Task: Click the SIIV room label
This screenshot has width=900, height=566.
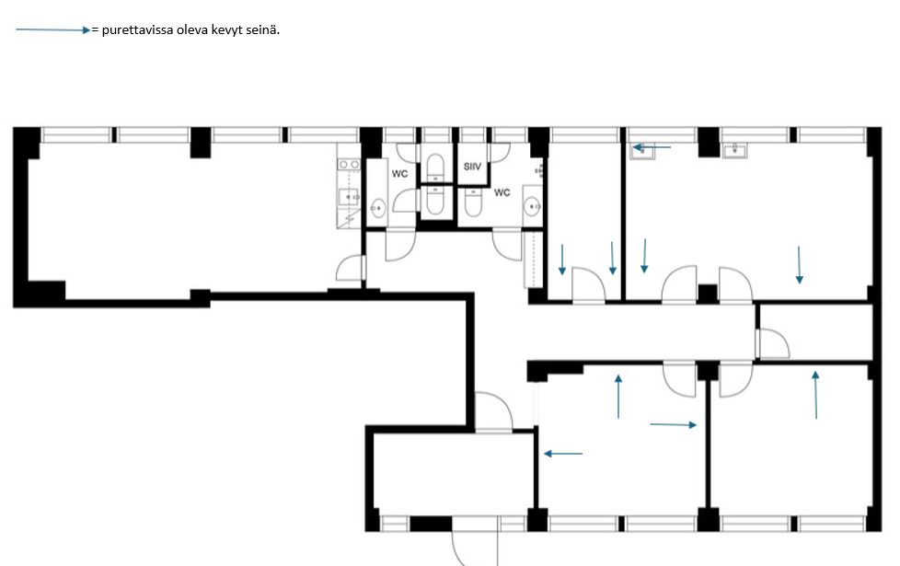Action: [x=472, y=167]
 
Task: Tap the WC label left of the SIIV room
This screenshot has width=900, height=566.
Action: [x=399, y=173]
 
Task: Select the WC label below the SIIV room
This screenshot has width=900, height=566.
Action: [x=502, y=192]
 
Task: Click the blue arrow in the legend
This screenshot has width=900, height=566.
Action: [x=53, y=29]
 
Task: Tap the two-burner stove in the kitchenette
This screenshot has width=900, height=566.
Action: [x=349, y=165]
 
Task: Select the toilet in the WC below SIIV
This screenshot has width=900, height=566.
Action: [x=472, y=202]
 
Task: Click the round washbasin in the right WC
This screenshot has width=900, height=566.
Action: [x=532, y=206]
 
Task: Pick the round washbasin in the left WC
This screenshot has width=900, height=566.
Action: [x=377, y=208]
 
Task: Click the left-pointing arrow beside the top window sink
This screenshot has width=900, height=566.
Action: [x=652, y=147]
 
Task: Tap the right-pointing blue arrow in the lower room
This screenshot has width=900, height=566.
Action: [x=674, y=425]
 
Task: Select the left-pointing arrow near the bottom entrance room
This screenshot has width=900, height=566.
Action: [x=563, y=454]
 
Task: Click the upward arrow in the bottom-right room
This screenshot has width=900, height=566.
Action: [x=815, y=395]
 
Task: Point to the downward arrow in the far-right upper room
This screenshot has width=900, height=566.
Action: [x=799, y=265]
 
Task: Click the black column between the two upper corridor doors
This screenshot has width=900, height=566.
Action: [x=707, y=294]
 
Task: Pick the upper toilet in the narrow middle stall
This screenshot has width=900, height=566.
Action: [x=435, y=167]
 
